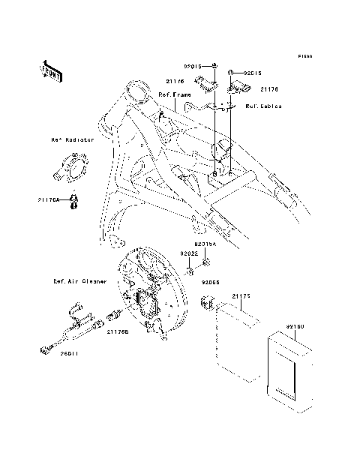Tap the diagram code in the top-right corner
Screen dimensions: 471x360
[304, 56]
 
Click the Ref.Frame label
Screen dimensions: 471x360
[174, 95]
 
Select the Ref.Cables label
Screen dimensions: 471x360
[263, 106]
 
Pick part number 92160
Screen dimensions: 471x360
[295, 327]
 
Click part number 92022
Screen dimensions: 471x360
[187, 254]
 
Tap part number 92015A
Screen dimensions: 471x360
[205, 244]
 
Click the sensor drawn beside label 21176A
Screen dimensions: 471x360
[73, 202]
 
